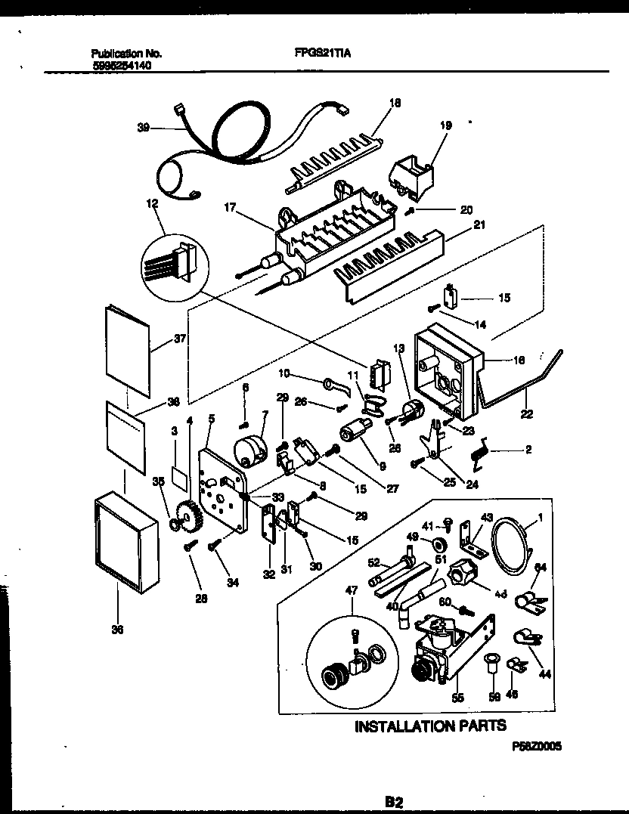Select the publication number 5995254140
tap(125, 66)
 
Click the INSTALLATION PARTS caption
tap(431, 726)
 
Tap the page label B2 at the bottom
tap(394, 800)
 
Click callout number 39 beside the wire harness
tap(143, 128)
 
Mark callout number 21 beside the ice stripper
tap(479, 224)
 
